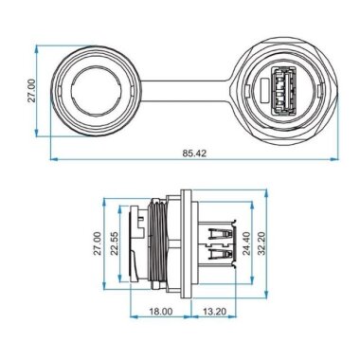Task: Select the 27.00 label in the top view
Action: (x=31, y=91)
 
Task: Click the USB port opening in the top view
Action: (x=281, y=90)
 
